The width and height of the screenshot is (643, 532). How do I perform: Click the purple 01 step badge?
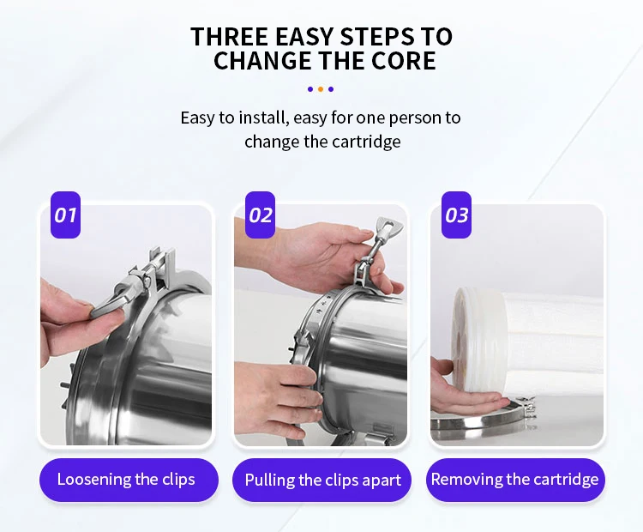[66, 215]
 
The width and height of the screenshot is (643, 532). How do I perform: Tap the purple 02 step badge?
[260, 215]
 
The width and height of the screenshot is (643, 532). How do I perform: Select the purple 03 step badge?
[456, 215]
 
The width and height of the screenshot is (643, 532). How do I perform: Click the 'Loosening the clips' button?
[129, 480]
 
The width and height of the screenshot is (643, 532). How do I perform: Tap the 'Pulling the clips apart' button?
[322, 480]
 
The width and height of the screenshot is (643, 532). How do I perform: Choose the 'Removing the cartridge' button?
[515, 480]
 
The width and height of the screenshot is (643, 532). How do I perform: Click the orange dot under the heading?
[321, 89]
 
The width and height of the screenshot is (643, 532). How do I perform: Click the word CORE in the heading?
[404, 61]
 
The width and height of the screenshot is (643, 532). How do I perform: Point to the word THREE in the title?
[229, 36]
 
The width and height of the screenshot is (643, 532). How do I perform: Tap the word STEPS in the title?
[377, 36]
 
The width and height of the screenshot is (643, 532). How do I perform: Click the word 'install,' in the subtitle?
[261, 118]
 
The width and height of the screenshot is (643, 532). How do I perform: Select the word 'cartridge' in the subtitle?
[366, 142]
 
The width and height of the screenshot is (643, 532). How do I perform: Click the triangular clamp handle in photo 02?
[387, 227]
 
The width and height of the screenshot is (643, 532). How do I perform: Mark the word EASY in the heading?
[303, 36]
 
